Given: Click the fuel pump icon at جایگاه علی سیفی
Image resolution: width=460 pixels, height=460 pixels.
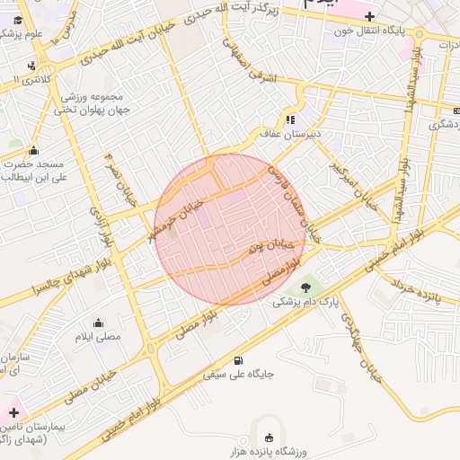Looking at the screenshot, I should point(237,360).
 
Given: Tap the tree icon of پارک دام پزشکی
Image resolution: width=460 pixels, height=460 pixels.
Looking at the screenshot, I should point(307,287).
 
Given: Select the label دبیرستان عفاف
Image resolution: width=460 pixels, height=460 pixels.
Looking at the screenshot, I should point(285,134).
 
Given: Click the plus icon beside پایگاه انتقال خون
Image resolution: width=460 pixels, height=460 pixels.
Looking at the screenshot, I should point(369,16).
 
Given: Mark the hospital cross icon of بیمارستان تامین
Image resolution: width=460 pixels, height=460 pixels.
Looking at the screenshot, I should point(13,412).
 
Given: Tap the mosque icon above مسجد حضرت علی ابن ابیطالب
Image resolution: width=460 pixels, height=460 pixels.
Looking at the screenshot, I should point(34,150).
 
